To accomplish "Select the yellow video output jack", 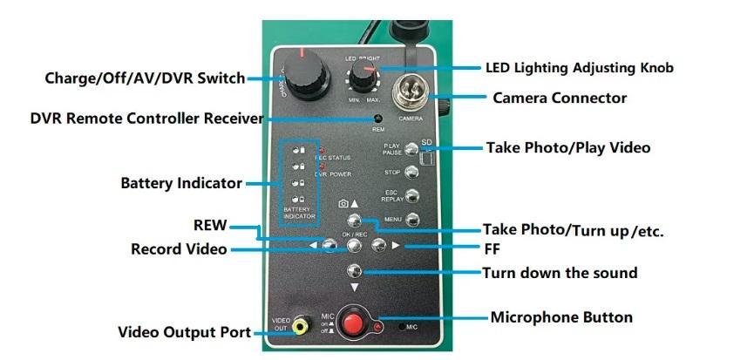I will (x=301, y=327).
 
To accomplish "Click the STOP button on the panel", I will (x=412, y=173).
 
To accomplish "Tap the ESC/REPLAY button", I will (x=412, y=195).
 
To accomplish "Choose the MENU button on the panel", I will (x=412, y=219).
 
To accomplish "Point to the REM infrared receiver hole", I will (x=378, y=119).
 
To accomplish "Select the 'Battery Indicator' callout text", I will (x=181, y=184).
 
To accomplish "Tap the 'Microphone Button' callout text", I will (x=561, y=316).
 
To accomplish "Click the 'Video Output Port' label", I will (x=185, y=332).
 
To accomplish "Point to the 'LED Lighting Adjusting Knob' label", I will (x=579, y=67).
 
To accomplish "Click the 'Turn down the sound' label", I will (x=560, y=273).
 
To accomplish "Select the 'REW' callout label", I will (x=210, y=226).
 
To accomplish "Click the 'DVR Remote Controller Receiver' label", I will (x=146, y=118).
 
